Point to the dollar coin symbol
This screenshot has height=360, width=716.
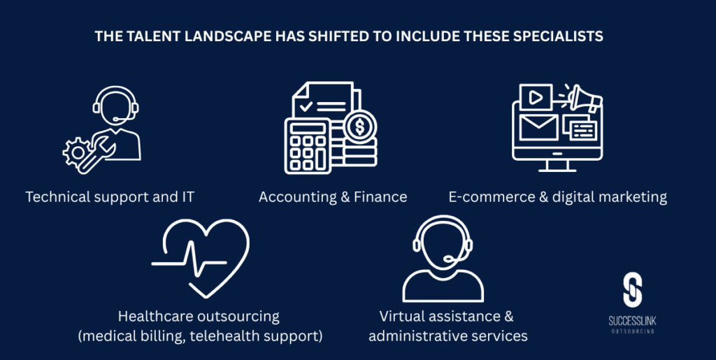pyautogui.click(x=360, y=127)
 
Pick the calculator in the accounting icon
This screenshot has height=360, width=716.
pyautogui.click(x=308, y=146)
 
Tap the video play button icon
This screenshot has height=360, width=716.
pyautogui.click(x=535, y=96)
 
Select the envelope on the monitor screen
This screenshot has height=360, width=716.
pyautogui.click(x=539, y=127)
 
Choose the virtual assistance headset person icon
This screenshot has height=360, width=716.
pyautogui.click(x=443, y=258)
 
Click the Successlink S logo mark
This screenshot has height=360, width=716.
pyautogui.click(x=632, y=289)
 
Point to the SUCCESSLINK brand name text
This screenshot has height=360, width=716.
pyautogui.click(x=632, y=322)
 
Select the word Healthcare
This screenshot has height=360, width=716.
pyautogui.click(x=156, y=316)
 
